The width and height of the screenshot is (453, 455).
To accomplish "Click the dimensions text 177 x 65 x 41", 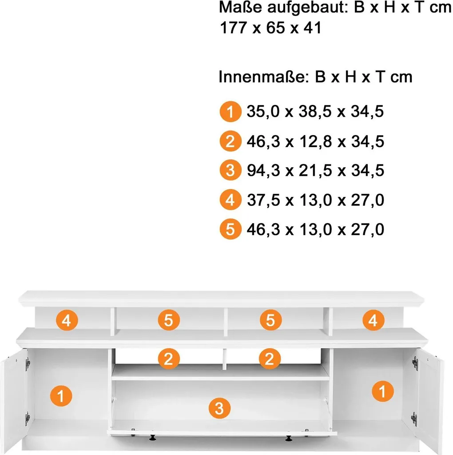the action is pyautogui.click(x=270, y=28).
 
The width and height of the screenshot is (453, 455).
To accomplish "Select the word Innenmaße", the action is pyautogui.click(x=262, y=77).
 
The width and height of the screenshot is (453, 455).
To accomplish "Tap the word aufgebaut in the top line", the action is pyautogui.click(x=307, y=8).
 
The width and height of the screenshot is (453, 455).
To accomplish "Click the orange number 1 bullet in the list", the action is pyautogui.click(x=230, y=112).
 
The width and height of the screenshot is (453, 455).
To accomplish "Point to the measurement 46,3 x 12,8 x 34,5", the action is pyautogui.click(x=315, y=141).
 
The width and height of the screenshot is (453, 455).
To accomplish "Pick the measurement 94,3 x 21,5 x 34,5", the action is pyautogui.click(x=315, y=170).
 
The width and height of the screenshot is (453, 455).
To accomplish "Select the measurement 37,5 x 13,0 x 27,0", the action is pyautogui.click(x=315, y=200).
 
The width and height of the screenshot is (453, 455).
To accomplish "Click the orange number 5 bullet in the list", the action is pyautogui.click(x=230, y=229).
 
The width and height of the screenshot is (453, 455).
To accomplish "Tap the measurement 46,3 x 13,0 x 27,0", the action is pyautogui.click(x=315, y=229).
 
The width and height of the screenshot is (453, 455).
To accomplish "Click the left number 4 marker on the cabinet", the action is pyautogui.click(x=67, y=320).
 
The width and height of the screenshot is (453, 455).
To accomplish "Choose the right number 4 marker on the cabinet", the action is pyautogui.click(x=373, y=320).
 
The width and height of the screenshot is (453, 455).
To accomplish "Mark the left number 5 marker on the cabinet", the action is pyautogui.click(x=169, y=320).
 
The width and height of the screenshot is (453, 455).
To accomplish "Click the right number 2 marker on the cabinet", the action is pyautogui.click(x=270, y=359).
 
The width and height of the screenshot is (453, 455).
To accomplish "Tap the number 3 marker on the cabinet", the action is pyautogui.click(x=219, y=408).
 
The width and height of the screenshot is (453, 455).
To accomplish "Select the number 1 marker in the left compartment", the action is pyautogui.click(x=61, y=396).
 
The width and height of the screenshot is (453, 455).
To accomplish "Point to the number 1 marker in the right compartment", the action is pyautogui.click(x=383, y=391).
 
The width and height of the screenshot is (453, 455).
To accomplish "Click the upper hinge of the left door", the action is pyautogui.click(x=28, y=364).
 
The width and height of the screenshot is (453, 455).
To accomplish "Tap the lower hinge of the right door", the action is pyautogui.click(x=414, y=419).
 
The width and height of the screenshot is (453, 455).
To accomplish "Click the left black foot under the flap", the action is pyautogui.click(x=152, y=438).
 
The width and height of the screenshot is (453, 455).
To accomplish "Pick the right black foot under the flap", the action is pyautogui.click(x=288, y=438).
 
